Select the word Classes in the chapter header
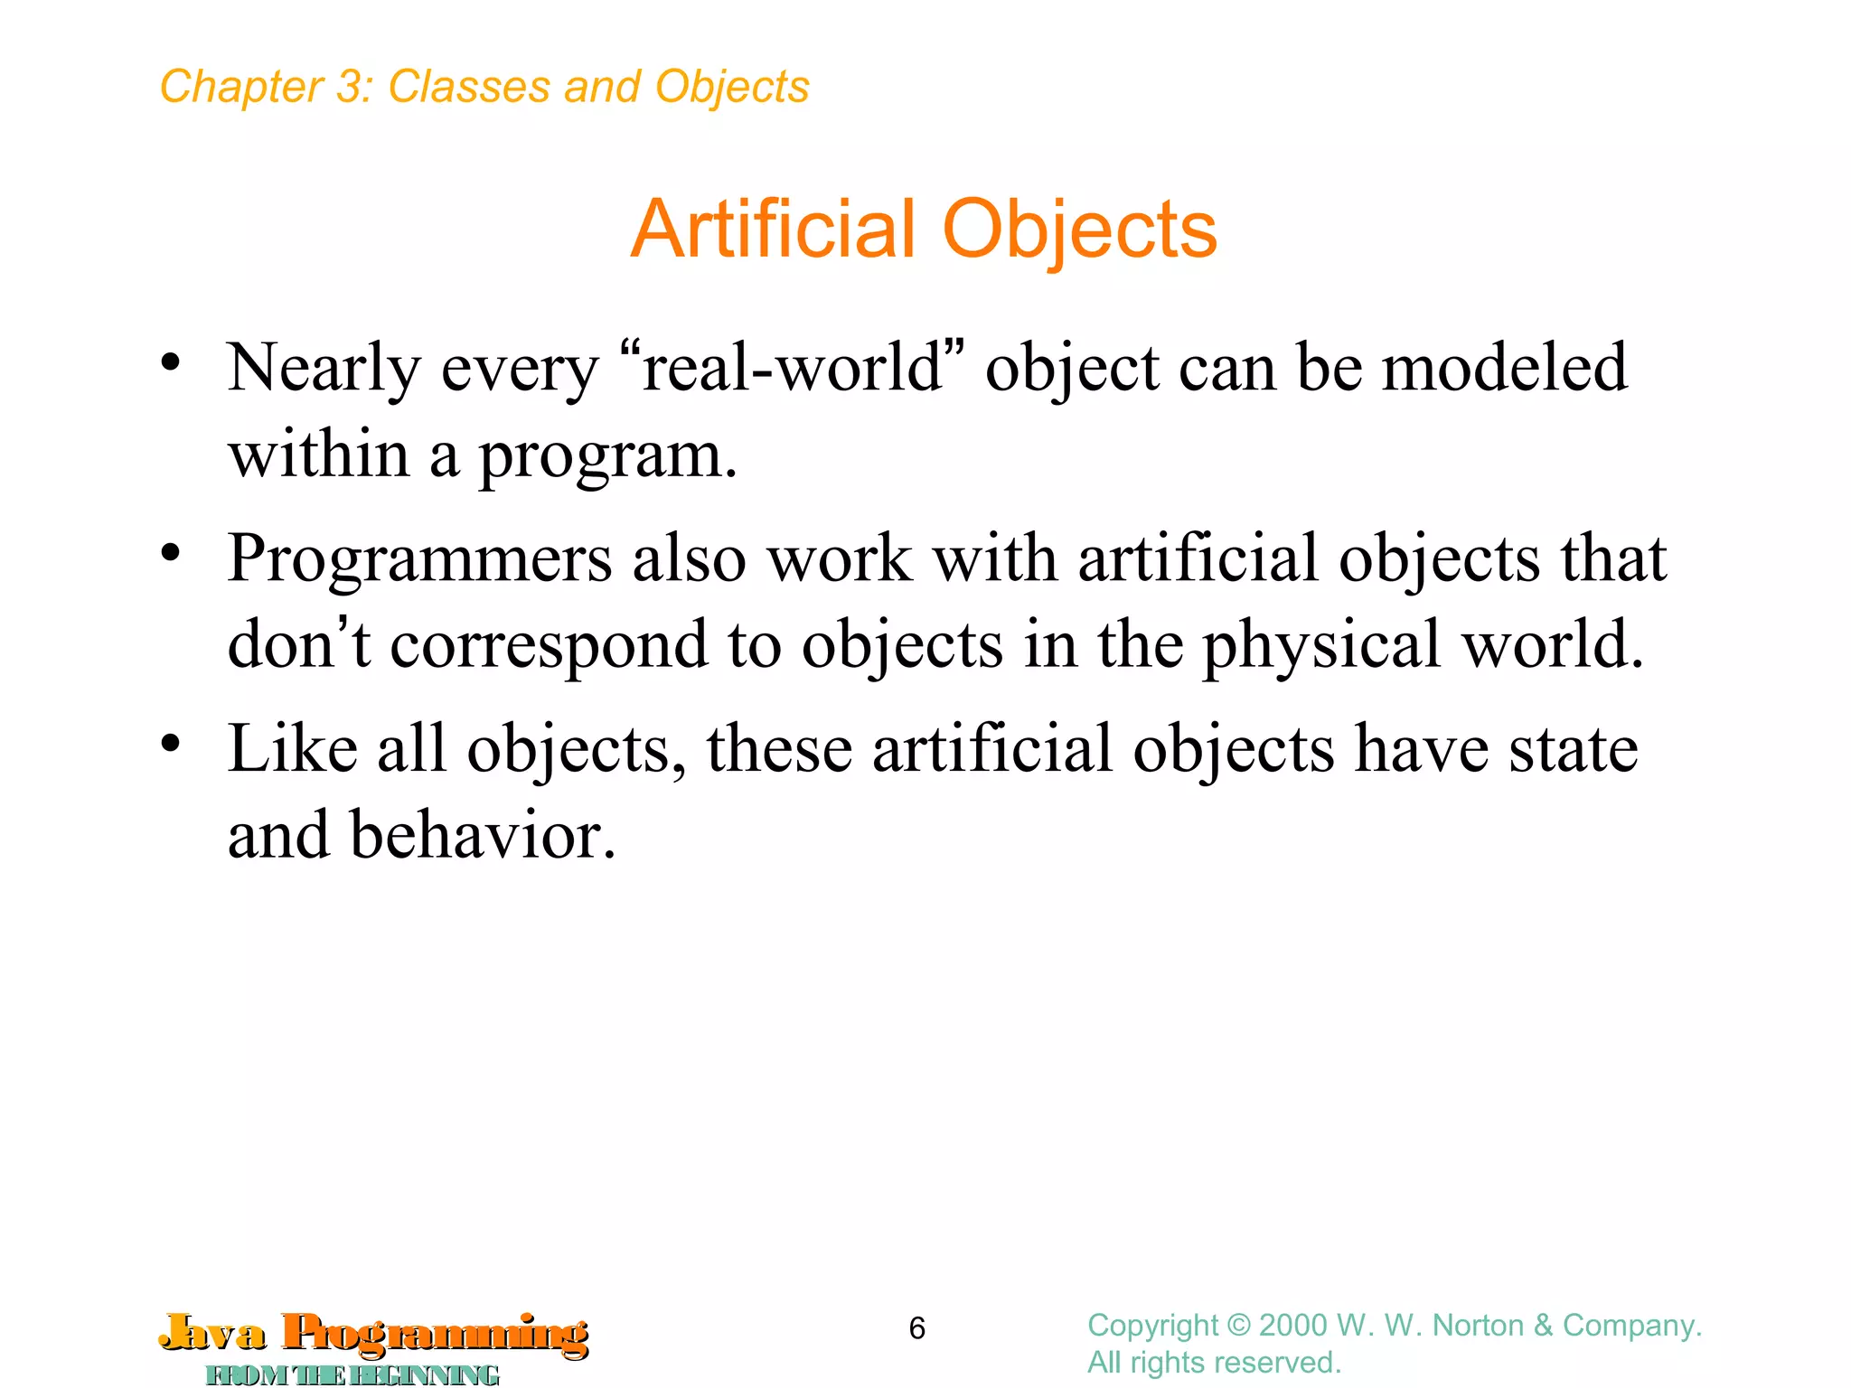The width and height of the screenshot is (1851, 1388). tap(468, 88)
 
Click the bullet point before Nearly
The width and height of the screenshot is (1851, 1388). tap(171, 363)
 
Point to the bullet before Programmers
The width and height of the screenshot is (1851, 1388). tap(171, 553)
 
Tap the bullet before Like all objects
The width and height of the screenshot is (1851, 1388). tap(171, 744)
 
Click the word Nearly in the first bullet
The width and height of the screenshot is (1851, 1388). tap(324, 369)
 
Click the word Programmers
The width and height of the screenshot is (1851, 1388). tap(419, 558)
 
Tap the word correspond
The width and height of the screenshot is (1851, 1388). tap(549, 645)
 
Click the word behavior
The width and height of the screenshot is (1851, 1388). tap(475, 835)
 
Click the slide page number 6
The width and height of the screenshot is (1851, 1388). tap(916, 1328)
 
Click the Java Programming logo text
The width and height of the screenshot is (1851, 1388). tap(374, 1334)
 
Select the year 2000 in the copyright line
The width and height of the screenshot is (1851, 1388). tap(1293, 1326)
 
